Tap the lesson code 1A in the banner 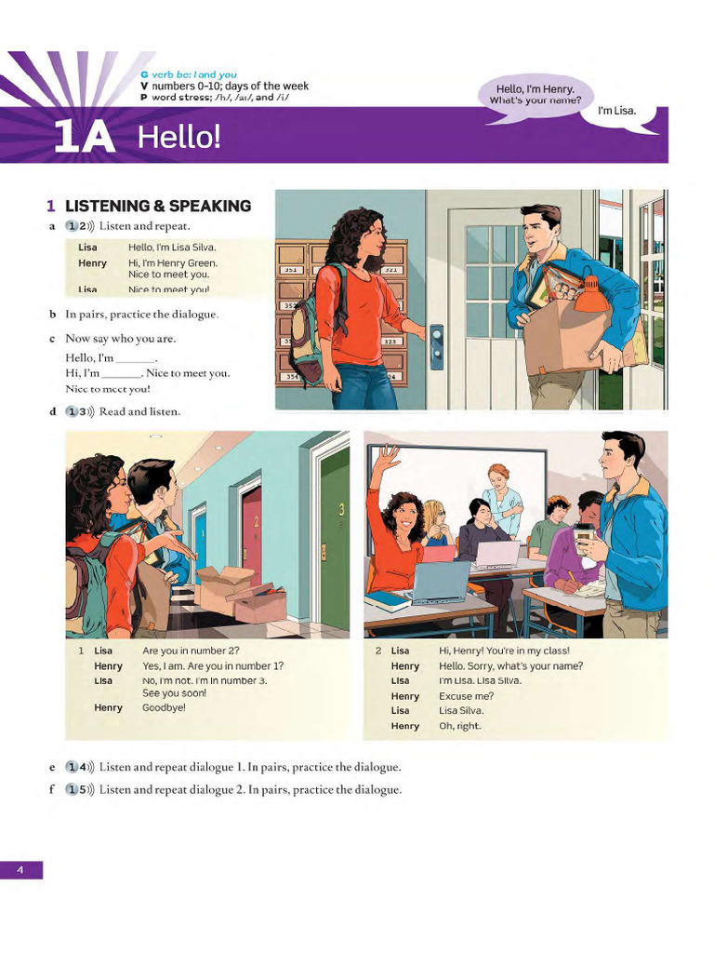(84, 138)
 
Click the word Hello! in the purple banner (179, 138)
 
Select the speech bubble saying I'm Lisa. (616, 111)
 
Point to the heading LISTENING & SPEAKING (158, 206)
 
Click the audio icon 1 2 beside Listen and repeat (80, 226)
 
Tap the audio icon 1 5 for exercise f (80, 789)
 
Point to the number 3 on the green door (341, 509)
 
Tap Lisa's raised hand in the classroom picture (388, 457)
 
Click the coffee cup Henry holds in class (584, 539)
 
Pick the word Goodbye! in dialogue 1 (164, 707)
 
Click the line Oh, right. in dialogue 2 (460, 726)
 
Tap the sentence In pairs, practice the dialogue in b (141, 315)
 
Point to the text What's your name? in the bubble (535, 100)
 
